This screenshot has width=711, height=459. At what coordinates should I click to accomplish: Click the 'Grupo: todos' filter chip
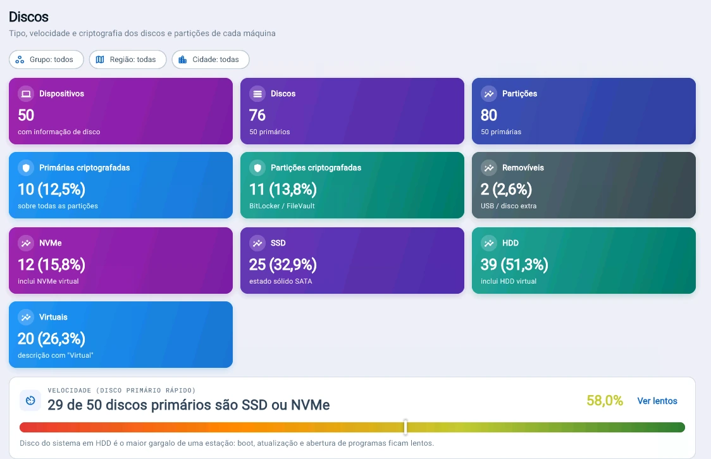coord(46,60)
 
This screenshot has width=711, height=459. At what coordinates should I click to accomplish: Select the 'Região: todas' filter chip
coord(127,60)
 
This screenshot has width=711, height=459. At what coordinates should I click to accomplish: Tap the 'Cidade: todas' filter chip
coord(211,60)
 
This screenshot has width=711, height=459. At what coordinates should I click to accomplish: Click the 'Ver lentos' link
coord(657,401)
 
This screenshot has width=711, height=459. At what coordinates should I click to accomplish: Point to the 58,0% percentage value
coord(605,400)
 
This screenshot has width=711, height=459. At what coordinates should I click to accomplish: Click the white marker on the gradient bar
coord(405,427)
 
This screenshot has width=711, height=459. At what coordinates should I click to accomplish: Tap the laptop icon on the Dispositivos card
coord(26,94)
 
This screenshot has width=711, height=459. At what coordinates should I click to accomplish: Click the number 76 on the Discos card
coord(257,115)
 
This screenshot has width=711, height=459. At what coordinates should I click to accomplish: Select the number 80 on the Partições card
coord(489,115)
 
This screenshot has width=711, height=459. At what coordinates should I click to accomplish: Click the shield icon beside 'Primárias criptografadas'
coord(26,168)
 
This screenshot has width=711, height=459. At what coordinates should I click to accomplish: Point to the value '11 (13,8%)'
coord(283,189)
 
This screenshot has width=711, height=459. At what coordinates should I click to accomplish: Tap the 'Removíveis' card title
coord(523,168)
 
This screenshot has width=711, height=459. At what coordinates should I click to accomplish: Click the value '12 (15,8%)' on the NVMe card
coord(51,265)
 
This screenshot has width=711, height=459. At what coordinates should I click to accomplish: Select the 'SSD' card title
coord(278,243)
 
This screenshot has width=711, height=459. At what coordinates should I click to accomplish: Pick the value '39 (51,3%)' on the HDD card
coord(514,265)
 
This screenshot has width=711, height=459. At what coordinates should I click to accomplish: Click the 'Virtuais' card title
coord(53,317)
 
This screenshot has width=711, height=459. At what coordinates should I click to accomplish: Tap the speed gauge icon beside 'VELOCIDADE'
coord(30,400)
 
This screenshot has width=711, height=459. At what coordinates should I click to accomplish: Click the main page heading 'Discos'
coord(28,17)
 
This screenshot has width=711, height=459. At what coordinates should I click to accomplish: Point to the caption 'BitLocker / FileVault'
coord(282,206)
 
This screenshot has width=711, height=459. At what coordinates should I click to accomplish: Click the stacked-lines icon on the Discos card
coord(257,94)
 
